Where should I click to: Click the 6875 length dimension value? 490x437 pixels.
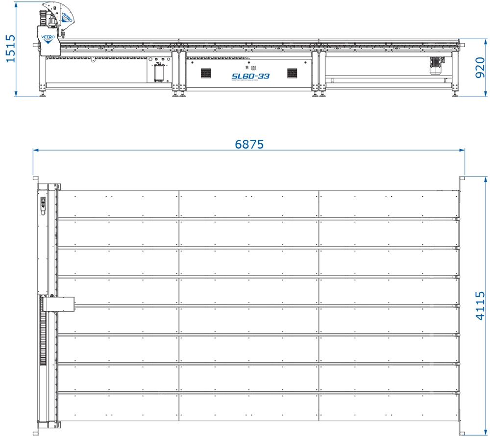[249, 144]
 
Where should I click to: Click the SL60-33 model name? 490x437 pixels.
[250, 77]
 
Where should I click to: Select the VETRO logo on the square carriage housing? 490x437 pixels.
[47, 38]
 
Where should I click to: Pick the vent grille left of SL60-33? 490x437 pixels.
[205, 73]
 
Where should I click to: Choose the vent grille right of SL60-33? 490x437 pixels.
[293, 73]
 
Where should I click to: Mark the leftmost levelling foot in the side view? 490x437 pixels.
[43, 95]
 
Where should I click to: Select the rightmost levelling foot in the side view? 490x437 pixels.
[456, 95]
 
